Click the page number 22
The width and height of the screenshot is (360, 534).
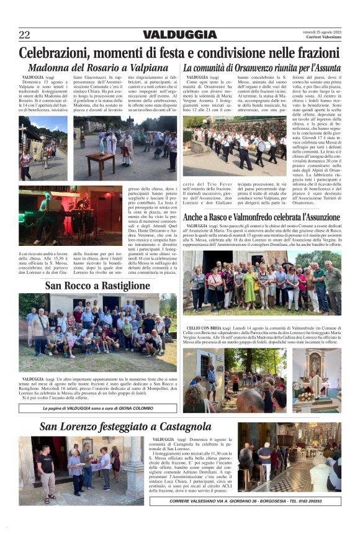[x=24, y=34]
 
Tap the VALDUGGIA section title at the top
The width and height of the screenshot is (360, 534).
[x=180, y=35]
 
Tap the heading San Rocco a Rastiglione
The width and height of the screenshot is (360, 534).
[x=97, y=286]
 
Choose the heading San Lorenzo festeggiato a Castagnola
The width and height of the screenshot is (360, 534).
[x=125, y=427]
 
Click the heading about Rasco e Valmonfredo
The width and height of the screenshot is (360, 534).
[x=262, y=217]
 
